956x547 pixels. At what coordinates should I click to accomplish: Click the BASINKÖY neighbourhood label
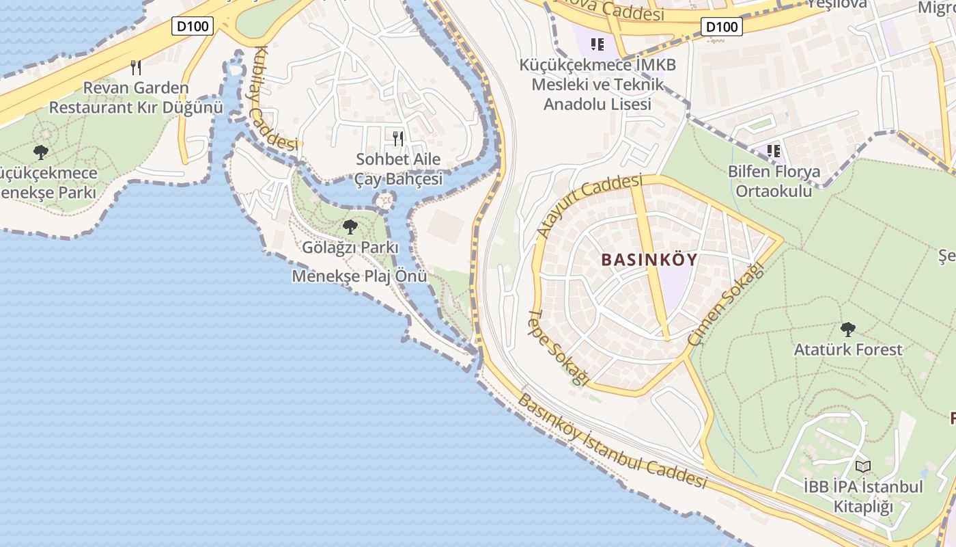(x=649, y=260)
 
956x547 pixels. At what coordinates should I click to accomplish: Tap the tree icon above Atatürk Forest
(x=847, y=330)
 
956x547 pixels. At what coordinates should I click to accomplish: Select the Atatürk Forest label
(x=847, y=349)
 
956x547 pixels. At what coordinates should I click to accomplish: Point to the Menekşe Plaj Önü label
(x=359, y=276)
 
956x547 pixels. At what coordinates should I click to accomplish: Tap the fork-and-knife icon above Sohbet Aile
(x=398, y=139)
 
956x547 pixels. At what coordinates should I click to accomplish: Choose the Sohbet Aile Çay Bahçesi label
(x=398, y=169)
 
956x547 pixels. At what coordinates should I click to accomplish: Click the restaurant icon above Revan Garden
(x=136, y=67)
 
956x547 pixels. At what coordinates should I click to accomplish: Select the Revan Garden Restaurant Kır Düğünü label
(x=136, y=98)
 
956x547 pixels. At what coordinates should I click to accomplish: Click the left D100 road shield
(x=193, y=26)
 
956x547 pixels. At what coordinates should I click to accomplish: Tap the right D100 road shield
(x=721, y=27)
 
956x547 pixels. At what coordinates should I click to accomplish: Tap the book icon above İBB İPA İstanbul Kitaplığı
(x=863, y=467)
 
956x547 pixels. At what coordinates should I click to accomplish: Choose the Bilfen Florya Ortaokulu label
(x=774, y=181)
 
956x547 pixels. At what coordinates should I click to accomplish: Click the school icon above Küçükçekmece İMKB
(x=597, y=45)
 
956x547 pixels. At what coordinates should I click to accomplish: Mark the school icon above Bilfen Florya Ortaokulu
(x=774, y=150)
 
